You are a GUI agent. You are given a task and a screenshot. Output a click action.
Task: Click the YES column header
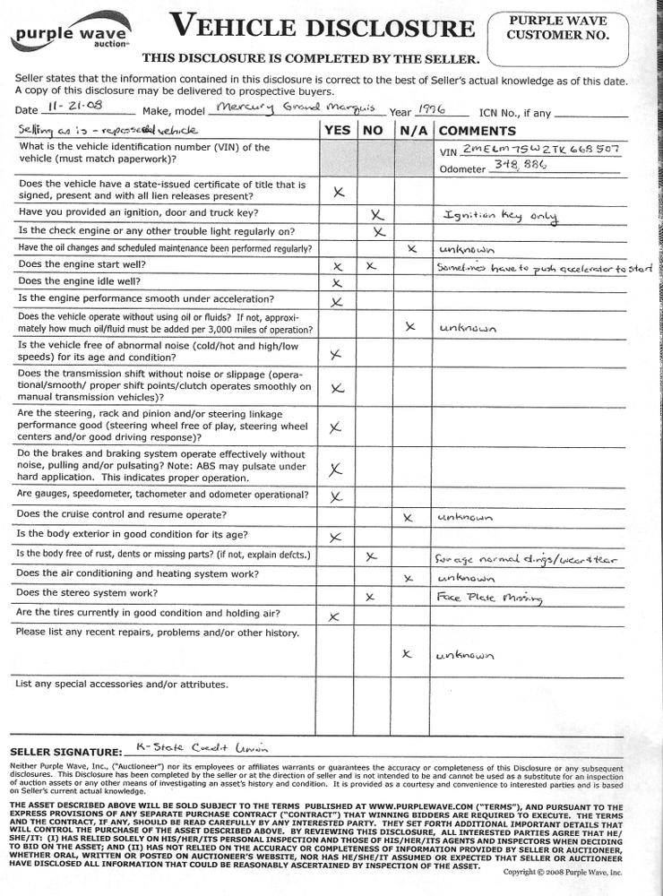337,130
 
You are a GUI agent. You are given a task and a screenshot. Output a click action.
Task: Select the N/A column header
411,130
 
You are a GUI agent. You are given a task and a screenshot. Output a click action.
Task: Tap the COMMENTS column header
476,130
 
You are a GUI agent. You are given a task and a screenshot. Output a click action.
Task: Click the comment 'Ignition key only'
500,216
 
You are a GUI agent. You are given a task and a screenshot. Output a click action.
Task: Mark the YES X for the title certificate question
338,192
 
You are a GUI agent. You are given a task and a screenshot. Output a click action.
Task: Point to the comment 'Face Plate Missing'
480,596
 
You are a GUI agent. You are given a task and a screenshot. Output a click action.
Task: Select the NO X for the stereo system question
369,596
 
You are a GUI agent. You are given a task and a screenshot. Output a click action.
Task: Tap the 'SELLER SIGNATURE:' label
65,752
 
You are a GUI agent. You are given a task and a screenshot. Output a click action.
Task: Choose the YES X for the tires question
334,616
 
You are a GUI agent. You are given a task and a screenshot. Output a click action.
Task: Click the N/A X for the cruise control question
409,517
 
